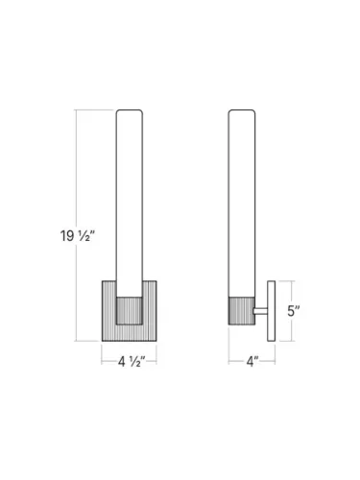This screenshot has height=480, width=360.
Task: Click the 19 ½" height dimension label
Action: [x=78, y=236]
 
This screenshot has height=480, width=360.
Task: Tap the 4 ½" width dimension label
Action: [x=132, y=362]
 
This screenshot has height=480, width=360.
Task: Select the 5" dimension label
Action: [x=294, y=311]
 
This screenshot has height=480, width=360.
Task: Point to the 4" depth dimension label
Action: [x=252, y=362]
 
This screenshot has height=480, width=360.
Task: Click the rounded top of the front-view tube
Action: [x=130, y=112]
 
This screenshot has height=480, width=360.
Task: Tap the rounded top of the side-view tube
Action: [x=242, y=112]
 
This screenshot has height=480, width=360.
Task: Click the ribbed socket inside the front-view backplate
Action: [x=130, y=311]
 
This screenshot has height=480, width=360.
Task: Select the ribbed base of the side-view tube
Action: [x=242, y=311]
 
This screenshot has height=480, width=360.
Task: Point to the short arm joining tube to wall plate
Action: [x=260, y=311]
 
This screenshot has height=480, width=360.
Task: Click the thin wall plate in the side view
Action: [x=272, y=311]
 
